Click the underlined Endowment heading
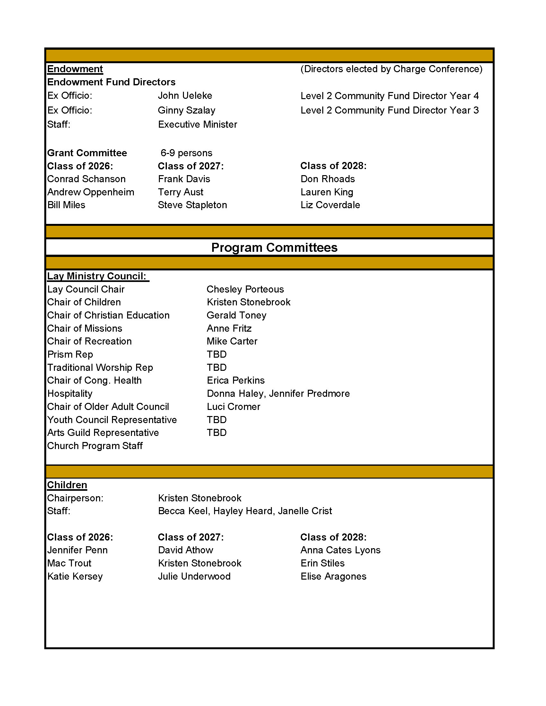[75, 69]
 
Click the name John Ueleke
[185, 96]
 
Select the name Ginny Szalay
[186, 110]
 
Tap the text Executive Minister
[197, 124]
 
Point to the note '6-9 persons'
[186, 153]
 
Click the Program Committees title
[274, 248]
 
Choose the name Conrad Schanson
[86, 179]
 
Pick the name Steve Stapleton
[192, 205]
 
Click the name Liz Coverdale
[330, 205]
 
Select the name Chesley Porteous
[245, 289]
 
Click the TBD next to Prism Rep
[216, 355]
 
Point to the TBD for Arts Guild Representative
[216, 433]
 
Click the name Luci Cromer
[233, 407]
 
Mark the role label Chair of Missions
[85, 328]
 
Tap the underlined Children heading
[67, 485]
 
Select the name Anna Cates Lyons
[340, 550]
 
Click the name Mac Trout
[69, 564]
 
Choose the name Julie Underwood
[194, 576]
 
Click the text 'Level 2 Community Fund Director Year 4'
[389, 96]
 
